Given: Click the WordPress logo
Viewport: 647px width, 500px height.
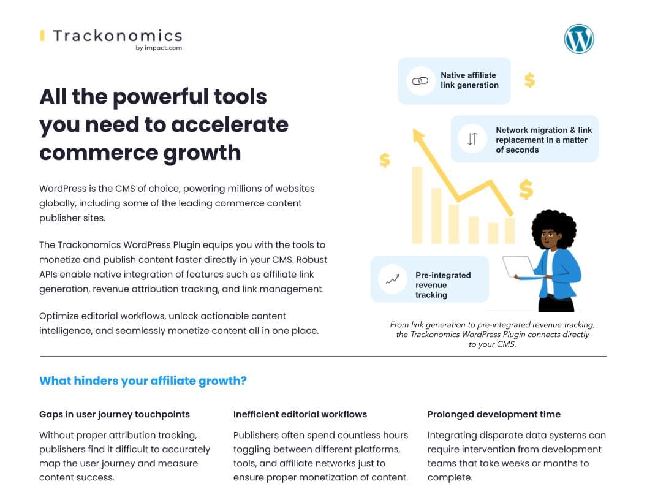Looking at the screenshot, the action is [579, 39].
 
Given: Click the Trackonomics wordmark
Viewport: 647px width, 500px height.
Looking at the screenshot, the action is [118, 36].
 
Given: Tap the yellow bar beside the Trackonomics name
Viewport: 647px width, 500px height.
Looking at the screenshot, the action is [42, 36].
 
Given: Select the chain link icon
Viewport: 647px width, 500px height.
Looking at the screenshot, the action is [420, 81].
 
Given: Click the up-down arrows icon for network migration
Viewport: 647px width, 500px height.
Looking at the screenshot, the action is [472, 138].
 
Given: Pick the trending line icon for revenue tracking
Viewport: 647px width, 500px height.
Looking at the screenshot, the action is [392, 279].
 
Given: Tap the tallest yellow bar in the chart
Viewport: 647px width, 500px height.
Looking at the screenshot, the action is [417, 205].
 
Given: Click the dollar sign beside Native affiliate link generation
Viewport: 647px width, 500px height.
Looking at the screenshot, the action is [529, 80].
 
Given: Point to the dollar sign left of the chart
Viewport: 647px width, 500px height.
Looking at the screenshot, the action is [385, 160].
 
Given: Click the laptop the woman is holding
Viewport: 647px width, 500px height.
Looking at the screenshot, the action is [518, 267].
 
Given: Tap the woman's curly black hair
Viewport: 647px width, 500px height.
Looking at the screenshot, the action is [553, 226].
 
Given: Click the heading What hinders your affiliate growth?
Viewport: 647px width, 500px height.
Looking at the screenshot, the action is [143, 381].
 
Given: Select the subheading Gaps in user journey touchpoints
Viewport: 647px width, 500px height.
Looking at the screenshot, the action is [115, 414].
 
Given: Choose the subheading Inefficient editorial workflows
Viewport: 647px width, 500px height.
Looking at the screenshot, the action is [300, 414].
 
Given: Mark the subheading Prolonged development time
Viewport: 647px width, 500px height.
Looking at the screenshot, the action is [494, 414].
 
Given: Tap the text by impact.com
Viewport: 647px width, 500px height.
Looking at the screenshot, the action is [159, 48].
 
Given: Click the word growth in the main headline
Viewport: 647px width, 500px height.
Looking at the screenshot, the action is [202, 153].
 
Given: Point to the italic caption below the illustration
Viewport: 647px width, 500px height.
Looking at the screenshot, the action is [492, 334].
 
